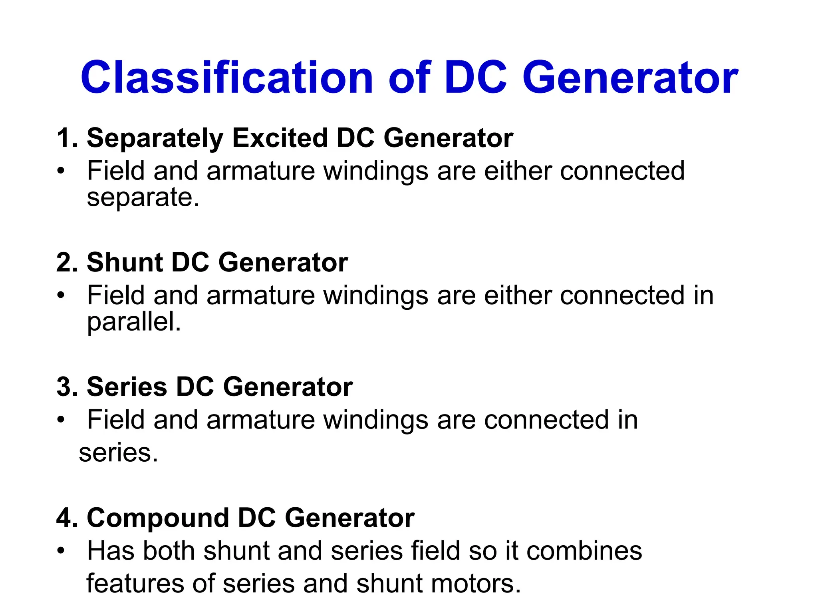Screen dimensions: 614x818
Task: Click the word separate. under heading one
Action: point(143,197)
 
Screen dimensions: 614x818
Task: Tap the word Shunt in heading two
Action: point(125,263)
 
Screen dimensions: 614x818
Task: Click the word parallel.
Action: point(134,322)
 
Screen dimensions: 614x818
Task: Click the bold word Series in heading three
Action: point(127,387)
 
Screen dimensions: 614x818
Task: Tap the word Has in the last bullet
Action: point(111,551)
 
